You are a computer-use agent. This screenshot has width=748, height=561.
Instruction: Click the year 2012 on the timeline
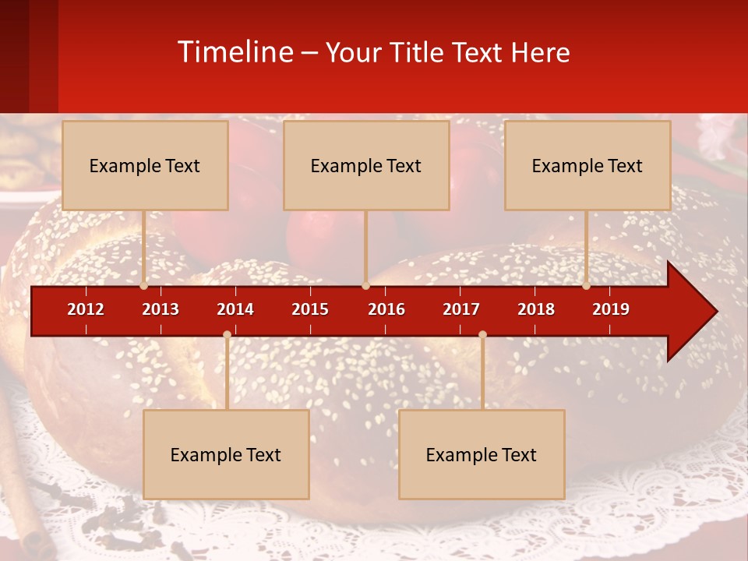pos(86,309)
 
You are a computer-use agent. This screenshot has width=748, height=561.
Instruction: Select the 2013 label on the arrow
pos(161,309)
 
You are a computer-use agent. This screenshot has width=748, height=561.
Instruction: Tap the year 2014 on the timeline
pos(235,309)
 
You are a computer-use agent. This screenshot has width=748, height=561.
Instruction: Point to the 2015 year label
pos(310,309)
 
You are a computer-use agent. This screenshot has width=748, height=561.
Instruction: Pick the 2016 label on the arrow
pos(386,309)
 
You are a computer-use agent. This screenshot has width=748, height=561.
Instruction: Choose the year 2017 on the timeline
pos(461,309)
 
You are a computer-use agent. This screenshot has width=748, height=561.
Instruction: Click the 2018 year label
pos(536,309)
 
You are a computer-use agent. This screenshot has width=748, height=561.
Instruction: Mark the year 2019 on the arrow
pos(611,309)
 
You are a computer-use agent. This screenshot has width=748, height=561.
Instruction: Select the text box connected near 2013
pos(145,165)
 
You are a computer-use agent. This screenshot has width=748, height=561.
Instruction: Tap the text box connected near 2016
pos(366,165)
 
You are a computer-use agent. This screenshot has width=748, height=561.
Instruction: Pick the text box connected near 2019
pos(587,165)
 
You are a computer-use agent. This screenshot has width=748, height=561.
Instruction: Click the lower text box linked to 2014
pos(226,454)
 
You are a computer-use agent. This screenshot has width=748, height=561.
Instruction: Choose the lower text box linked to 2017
pos(482,454)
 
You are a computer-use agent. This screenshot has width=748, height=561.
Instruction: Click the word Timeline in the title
pos(235,52)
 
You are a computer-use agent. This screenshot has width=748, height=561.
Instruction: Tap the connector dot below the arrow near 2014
pos(227,334)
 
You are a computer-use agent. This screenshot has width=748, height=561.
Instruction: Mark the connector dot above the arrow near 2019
pos(587,286)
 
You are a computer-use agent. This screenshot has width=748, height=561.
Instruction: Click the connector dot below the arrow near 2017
pos(482,334)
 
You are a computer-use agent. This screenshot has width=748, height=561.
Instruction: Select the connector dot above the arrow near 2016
pos(365,286)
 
